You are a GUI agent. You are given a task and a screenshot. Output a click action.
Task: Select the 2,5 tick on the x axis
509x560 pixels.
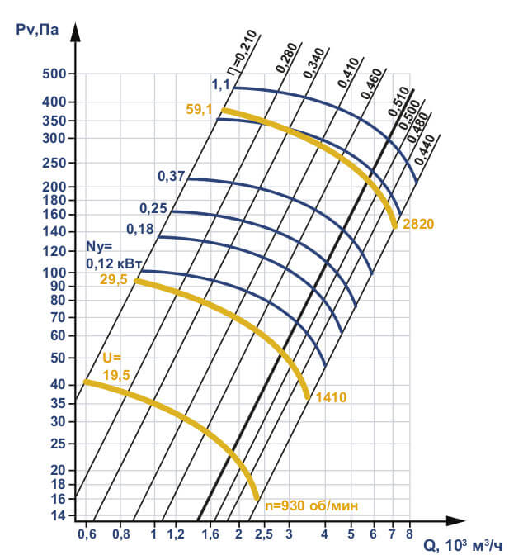pos(263,534)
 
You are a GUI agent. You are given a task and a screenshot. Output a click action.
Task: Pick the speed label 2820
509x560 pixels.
pos(418,224)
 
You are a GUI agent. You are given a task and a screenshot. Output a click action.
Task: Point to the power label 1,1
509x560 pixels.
pos(219,84)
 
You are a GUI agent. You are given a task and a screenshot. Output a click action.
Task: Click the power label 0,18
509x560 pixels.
pos(140,229)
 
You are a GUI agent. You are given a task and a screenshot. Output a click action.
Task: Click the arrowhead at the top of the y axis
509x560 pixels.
pos(75,33)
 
